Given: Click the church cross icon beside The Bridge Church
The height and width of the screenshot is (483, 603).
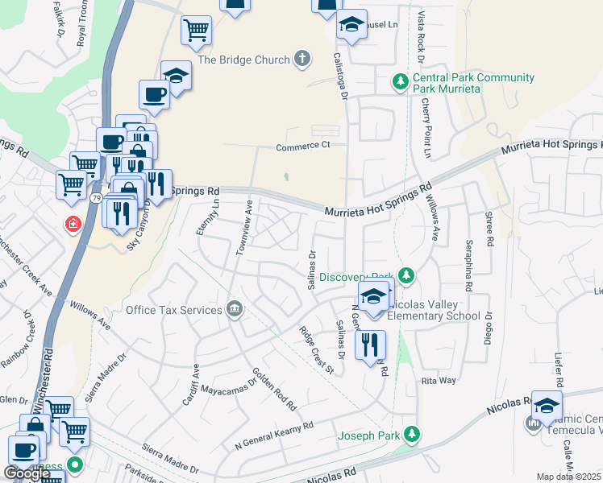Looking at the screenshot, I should tap(302, 58).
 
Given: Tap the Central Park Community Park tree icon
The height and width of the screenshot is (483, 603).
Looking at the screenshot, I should tap(400, 81).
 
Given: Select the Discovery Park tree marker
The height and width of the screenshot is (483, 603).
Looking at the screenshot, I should tap(406, 276).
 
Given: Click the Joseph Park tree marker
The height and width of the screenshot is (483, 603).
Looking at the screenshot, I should tap(412, 435).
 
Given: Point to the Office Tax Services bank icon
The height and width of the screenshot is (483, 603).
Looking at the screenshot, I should tap(235, 310).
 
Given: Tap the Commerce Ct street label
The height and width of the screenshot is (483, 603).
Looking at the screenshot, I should tap(303, 147).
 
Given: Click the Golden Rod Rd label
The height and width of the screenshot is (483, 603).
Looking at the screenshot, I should tap(274, 387).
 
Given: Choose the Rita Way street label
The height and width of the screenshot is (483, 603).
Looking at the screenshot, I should tap(439, 381).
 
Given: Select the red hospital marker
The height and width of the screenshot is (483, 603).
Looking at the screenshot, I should tap(73, 223).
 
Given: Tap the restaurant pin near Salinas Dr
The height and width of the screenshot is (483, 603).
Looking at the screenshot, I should tap(370, 345).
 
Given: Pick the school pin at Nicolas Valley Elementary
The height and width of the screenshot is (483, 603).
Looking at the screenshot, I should tap(374, 296).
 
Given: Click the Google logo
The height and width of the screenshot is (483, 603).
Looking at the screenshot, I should tap(27, 473).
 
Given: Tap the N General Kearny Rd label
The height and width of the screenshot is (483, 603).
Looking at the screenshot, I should tap(272, 435).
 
